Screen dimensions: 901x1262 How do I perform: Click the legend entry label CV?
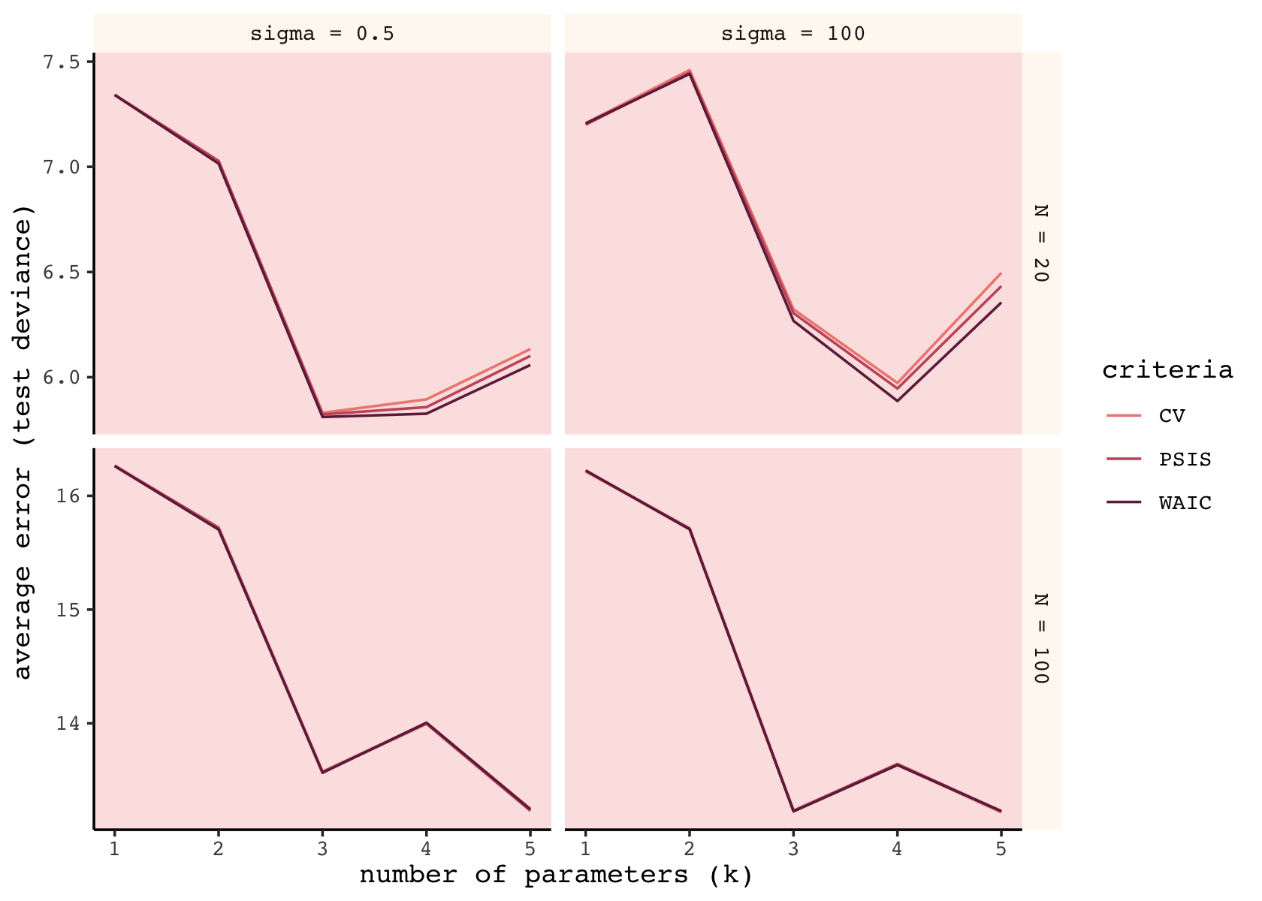pyautogui.click(x=1172, y=416)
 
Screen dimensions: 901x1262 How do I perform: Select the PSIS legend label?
pyautogui.click(x=1185, y=460)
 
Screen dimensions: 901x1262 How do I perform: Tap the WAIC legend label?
pyautogui.click(x=1185, y=503)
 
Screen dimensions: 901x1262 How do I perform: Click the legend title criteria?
pyautogui.click(x=1167, y=370)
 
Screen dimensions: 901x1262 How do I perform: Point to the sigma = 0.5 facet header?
pyautogui.click(x=322, y=34)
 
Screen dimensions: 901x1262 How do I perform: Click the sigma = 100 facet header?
pyautogui.click(x=793, y=34)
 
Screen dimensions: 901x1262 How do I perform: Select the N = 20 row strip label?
pyautogui.click(x=1041, y=243)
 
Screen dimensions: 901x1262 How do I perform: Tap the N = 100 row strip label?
pyautogui.click(x=1041, y=638)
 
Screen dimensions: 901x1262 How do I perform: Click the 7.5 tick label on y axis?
pyautogui.click(x=62, y=62)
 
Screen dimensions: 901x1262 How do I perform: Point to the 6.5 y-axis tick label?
pyautogui.click(x=62, y=272)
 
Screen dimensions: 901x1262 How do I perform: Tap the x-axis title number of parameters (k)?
pyautogui.click(x=556, y=875)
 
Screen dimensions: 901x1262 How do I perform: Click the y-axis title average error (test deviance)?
pyautogui.click(x=24, y=441)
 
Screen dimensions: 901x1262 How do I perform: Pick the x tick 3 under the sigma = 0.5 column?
pyautogui.click(x=322, y=848)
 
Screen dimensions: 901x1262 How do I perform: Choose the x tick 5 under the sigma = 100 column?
pyautogui.click(x=1001, y=848)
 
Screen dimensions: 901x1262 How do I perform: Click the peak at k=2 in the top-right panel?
pyautogui.click(x=690, y=71)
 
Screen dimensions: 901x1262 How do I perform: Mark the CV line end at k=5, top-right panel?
pyautogui.click(x=1001, y=273)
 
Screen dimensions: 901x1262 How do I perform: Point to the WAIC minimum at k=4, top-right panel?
pyautogui.click(x=897, y=400)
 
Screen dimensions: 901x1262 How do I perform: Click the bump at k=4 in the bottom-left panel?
pyautogui.click(x=426, y=723)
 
